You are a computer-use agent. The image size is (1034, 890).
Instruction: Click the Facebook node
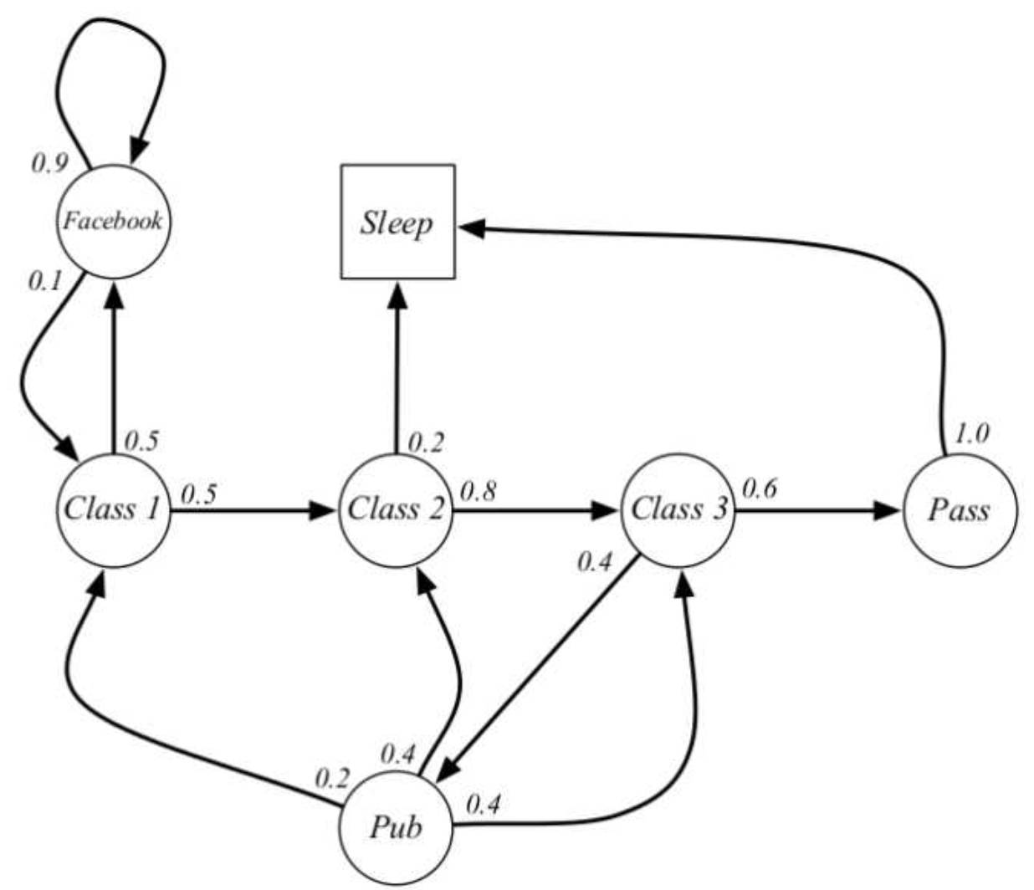(x=114, y=222)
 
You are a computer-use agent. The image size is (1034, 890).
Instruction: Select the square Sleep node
(x=397, y=222)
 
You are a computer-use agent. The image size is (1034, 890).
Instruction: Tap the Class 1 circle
(x=112, y=509)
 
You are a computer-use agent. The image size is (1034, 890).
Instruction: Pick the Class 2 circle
(x=396, y=509)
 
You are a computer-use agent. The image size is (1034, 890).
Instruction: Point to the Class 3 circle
(x=678, y=509)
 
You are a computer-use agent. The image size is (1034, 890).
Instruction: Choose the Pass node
(x=960, y=509)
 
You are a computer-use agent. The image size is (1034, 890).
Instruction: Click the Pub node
(x=396, y=828)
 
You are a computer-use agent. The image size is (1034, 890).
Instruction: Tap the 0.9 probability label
(x=49, y=162)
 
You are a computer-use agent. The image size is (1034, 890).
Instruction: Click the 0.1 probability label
(x=46, y=281)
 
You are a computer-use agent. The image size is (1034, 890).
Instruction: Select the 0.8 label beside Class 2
(x=478, y=491)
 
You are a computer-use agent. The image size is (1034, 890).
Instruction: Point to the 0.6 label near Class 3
(x=760, y=488)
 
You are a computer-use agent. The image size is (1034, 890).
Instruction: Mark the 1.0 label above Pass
(x=972, y=433)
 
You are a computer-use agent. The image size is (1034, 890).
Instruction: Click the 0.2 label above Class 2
(x=426, y=442)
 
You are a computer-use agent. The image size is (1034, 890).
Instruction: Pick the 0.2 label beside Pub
(x=331, y=779)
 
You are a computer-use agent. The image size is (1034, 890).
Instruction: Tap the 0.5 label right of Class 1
(x=199, y=494)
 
